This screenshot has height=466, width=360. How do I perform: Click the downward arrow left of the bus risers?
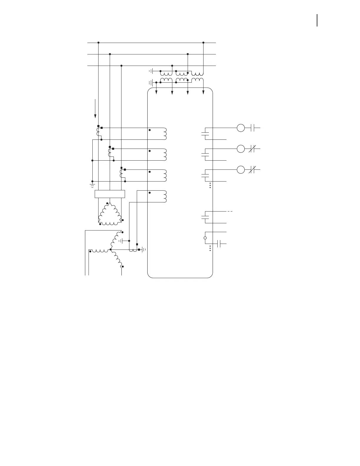(95, 109)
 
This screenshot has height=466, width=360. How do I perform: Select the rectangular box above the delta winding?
(110, 194)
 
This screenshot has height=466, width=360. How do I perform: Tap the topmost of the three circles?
(241, 128)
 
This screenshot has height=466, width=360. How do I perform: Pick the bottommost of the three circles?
(241, 170)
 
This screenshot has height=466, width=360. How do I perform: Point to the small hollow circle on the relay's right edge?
(205, 238)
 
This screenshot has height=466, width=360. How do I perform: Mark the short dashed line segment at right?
(230, 212)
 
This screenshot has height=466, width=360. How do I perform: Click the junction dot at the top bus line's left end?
(98, 43)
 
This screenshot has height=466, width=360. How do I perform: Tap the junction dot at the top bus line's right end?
(203, 43)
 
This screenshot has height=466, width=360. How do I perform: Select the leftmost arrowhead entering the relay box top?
(156, 93)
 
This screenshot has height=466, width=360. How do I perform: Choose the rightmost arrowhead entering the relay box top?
(203, 93)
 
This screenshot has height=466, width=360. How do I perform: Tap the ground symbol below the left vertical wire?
(92, 185)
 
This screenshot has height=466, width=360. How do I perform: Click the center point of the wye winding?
(111, 249)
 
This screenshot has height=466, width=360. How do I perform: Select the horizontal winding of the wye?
(100, 251)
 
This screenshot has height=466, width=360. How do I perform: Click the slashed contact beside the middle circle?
(252, 149)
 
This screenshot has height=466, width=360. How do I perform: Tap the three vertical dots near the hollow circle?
(210, 248)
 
